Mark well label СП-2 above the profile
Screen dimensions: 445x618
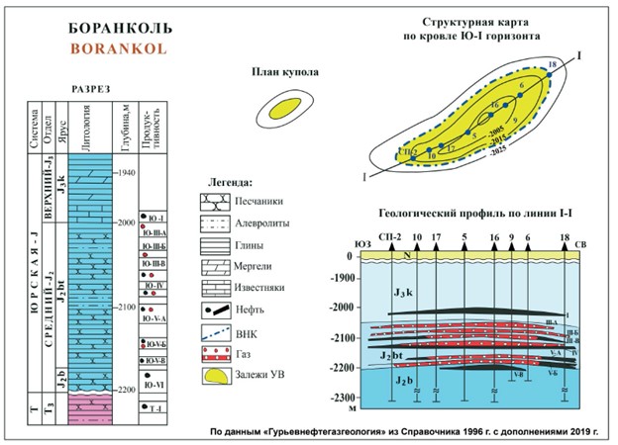pos(392,239)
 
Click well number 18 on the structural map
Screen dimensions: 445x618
pos(551,65)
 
